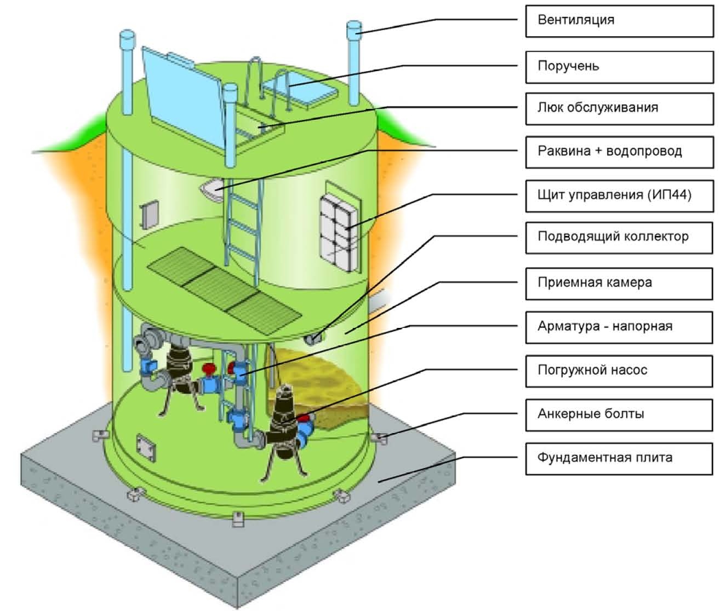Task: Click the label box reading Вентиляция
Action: point(619,21)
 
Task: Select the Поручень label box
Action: point(619,67)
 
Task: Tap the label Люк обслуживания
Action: point(619,109)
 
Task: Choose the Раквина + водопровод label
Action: point(619,152)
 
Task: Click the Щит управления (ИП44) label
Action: point(619,196)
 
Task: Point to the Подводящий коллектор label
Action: point(619,238)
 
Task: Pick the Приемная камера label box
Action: point(619,284)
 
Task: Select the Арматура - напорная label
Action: point(619,327)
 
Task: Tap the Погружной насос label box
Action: point(619,371)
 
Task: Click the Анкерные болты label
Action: point(619,415)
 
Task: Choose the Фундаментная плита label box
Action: point(619,459)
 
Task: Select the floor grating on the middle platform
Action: point(225,290)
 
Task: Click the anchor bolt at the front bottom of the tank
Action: point(238,518)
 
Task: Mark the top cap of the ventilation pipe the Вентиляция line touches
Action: point(355,28)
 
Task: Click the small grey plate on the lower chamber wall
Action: point(146,448)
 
